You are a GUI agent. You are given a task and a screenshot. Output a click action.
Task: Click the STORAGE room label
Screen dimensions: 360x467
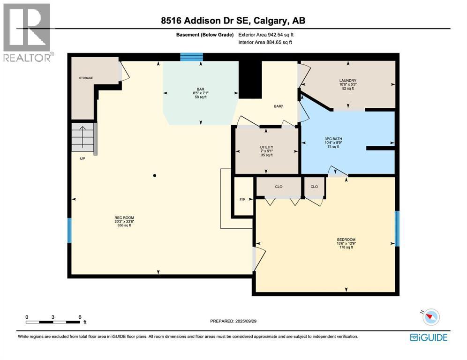(86, 78)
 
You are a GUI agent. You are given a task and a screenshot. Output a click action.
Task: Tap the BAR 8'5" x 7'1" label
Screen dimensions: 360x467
(201, 92)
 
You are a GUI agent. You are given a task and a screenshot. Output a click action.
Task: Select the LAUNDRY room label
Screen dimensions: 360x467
(348, 81)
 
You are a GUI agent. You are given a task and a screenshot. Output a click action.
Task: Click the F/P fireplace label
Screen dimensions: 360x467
(242, 200)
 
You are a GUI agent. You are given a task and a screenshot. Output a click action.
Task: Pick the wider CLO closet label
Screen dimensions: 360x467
(279, 187)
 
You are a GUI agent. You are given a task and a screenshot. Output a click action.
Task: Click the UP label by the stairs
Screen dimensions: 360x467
(83, 158)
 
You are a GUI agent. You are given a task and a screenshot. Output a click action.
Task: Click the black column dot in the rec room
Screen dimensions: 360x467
(155, 176)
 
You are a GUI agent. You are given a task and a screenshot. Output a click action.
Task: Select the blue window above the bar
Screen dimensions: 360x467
(191, 57)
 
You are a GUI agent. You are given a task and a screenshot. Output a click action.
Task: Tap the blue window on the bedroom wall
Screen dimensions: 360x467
(397, 229)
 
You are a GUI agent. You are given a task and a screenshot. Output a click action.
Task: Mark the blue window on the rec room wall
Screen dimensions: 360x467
(69, 230)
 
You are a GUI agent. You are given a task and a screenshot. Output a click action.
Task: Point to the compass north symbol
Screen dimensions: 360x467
(430, 317)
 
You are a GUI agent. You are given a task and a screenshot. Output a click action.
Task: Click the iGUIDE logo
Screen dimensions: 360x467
(429, 337)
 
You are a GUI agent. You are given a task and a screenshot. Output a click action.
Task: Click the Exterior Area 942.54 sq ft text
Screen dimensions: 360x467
(266, 35)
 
